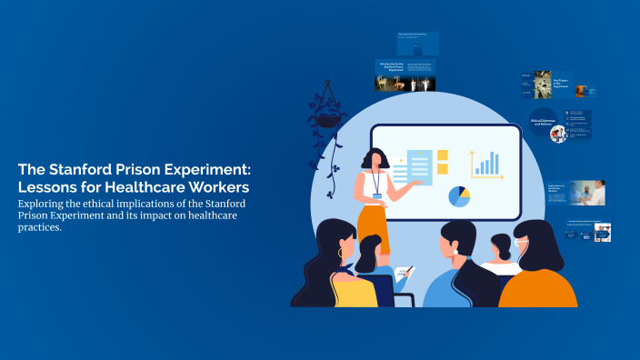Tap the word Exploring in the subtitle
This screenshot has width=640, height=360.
(45, 203)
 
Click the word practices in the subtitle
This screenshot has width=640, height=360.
(39, 227)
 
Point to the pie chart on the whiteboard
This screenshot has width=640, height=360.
(460, 195)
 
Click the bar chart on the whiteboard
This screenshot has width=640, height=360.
(486, 164)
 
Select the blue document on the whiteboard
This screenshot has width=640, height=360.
(419, 167)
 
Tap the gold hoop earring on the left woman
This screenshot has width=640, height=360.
(341, 253)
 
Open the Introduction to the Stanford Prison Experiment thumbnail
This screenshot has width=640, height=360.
(405, 75)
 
